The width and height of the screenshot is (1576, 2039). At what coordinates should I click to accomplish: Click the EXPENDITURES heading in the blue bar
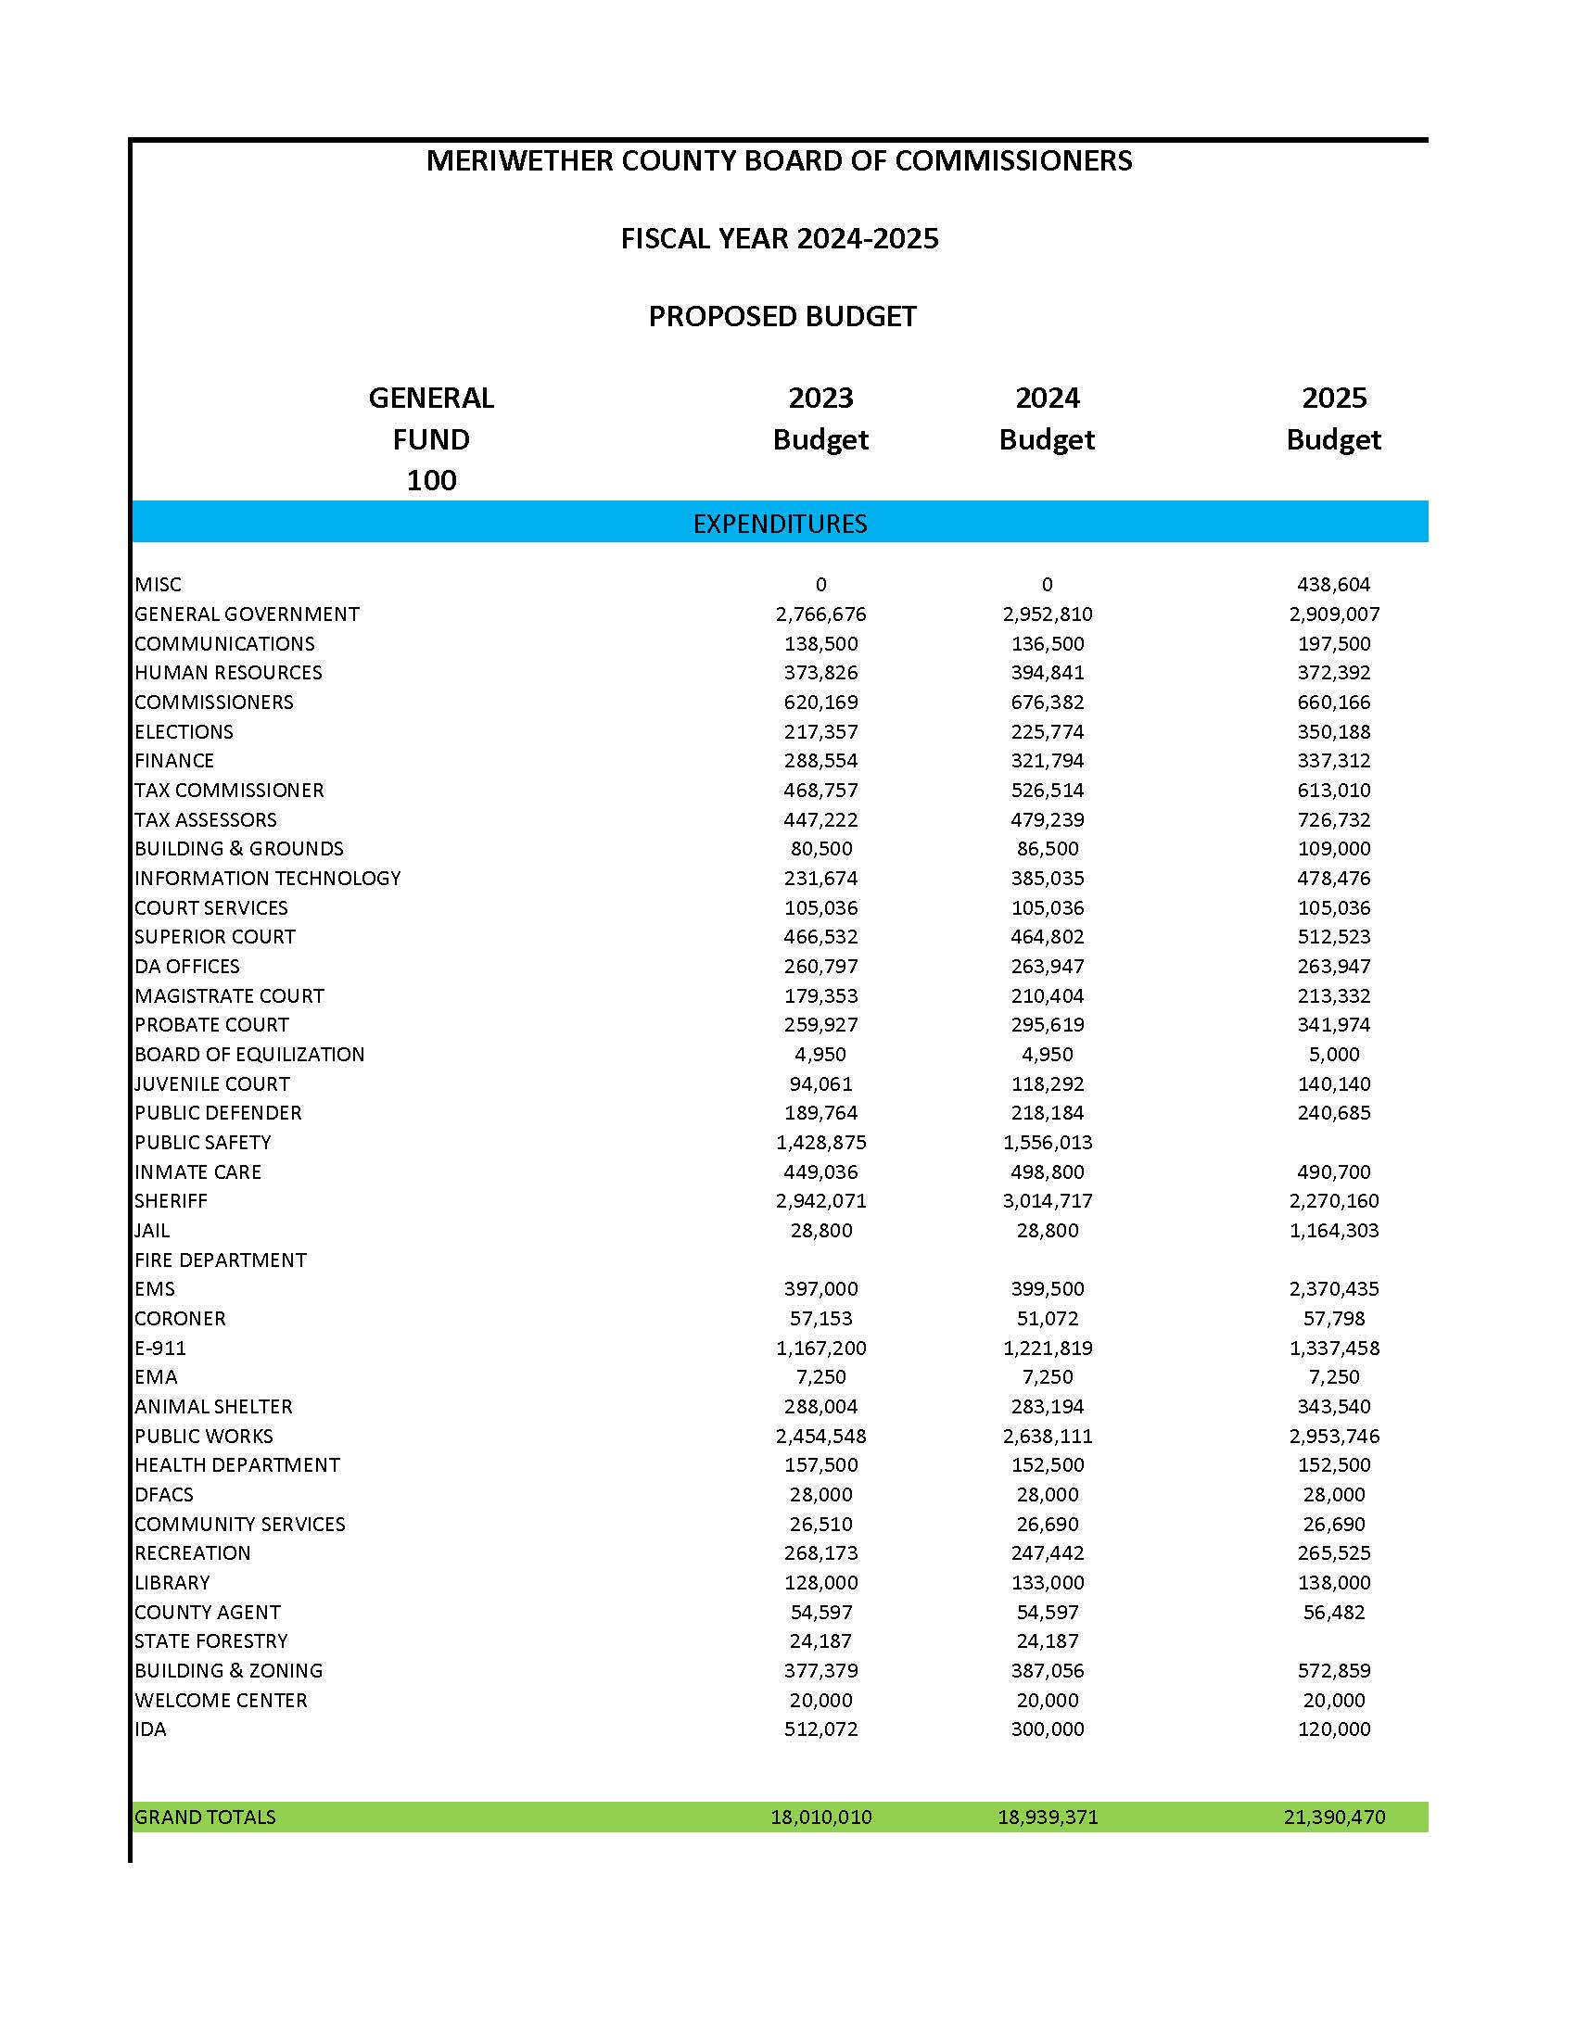coord(780,524)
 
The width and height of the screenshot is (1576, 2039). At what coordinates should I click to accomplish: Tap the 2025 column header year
coord(1333,399)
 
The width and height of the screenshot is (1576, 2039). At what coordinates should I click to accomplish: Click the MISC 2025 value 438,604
coord(1333,585)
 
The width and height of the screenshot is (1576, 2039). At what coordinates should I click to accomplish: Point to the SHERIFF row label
coord(171,1200)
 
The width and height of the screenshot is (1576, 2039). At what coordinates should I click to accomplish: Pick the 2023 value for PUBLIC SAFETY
coord(820,1142)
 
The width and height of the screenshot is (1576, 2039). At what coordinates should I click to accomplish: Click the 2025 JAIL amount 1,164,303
coord(1333,1231)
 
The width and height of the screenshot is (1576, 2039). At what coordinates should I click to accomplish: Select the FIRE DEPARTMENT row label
coord(221,1260)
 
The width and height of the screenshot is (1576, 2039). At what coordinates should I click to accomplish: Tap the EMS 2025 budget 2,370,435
coord(1333,1288)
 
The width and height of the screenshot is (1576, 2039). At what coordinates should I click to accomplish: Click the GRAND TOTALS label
coord(206,1817)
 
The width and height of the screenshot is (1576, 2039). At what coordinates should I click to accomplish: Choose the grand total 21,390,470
coord(1333,1817)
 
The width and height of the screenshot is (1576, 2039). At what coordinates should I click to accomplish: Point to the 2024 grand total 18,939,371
coord(1048,1817)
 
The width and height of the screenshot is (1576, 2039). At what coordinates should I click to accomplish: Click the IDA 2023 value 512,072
coord(820,1729)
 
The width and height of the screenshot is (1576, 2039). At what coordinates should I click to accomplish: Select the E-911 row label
coord(160,1349)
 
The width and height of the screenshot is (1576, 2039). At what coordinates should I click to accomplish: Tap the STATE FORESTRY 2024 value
coord(1048,1640)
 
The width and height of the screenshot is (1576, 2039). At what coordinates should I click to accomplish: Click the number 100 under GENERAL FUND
coord(431,481)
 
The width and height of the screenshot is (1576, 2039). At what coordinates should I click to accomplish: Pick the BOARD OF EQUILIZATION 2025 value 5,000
coord(1333,1054)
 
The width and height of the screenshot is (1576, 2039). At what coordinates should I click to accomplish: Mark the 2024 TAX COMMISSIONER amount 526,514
coord(1048,790)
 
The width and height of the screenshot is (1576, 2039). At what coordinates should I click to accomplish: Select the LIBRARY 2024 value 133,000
coord(1048,1582)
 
